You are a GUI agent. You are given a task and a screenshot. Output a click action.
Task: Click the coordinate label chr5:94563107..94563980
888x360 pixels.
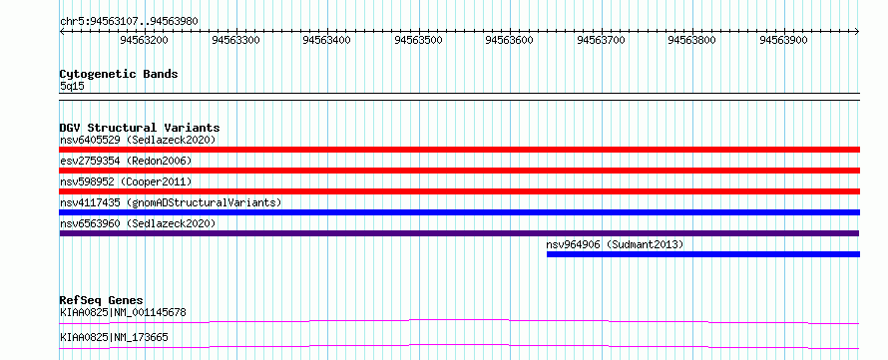coord(129,22)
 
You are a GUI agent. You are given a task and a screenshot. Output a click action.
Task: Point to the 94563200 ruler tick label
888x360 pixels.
coord(144,40)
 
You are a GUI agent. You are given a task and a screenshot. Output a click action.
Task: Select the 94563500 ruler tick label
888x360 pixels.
coord(418,40)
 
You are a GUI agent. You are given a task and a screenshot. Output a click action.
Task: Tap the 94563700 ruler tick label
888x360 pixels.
coord(601,40)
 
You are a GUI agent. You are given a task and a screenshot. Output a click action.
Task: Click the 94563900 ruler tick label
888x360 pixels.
coord(783,40)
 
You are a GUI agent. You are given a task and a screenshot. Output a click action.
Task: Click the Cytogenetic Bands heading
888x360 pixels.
coord(119,74)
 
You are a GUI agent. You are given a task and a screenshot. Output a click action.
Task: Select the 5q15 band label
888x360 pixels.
coord(72,86)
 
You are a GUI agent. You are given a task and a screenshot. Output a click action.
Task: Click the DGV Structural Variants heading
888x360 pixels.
coord(140,128)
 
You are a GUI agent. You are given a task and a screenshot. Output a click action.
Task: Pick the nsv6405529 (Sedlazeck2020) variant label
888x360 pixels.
coord(138,140)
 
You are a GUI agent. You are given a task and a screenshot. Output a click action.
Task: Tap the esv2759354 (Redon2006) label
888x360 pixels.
coord(126,161)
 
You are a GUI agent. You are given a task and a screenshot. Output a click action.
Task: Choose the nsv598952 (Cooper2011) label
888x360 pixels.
coord(126,181)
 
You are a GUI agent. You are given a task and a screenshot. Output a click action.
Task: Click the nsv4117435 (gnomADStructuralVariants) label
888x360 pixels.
coord(171,202)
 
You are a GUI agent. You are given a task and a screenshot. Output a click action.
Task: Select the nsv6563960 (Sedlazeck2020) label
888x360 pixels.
coord(138,223)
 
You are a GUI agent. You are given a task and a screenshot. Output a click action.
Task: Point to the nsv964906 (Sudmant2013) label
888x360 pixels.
coord(615,244)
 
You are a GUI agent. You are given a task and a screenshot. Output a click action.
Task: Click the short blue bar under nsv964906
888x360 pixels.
coord(703,254)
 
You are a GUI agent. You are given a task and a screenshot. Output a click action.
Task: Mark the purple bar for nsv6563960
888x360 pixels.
coord(459,233)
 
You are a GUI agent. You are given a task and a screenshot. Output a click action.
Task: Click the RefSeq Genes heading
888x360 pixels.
coord(102,300)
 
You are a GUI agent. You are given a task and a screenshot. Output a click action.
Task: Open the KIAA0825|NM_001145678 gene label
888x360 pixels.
coord(123,312)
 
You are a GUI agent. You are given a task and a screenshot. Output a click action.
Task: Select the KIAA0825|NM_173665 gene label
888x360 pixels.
coord(114,338)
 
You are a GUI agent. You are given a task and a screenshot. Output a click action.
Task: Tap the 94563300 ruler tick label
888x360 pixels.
coord(235,40)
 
